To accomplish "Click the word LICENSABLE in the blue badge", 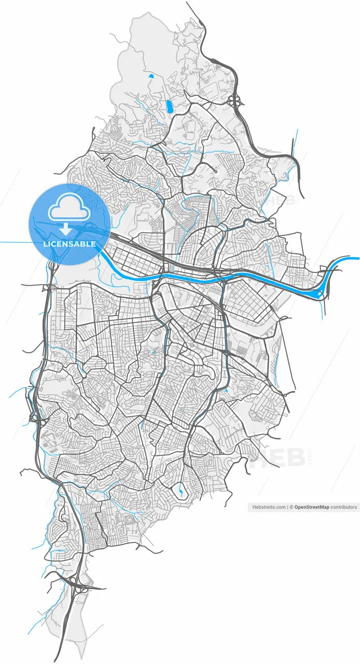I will [x=69, y=244].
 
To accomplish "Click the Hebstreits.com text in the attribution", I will [x=268, y=507].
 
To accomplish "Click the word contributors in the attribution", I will [x=344, y=507].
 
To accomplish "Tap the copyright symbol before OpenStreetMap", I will [x=292, y=507].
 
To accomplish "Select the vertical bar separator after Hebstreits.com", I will [x=287, y=507].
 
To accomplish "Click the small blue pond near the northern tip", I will [x=151, y=76].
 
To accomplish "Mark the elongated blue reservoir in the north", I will [x=169, y=106].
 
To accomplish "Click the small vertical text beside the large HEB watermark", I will [x=310, y=457].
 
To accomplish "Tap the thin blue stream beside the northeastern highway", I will [x=294, y=145].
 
